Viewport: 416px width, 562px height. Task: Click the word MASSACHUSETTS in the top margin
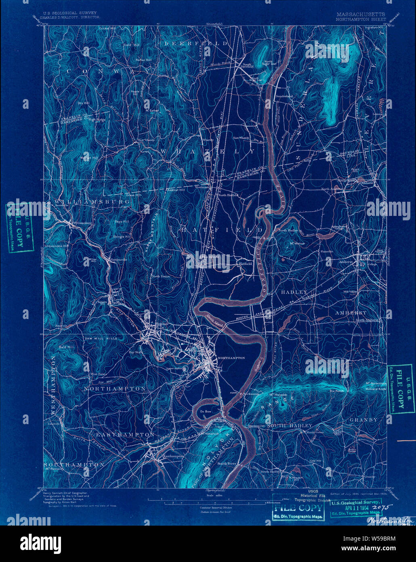tap(360, 14)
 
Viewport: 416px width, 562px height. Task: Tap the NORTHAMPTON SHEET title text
tap(361, 19)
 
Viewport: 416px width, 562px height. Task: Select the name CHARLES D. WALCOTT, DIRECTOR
tap(67, 18)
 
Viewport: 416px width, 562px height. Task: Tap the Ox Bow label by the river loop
tap(206, 411)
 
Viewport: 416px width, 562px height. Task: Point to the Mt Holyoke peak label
tap(278, 395)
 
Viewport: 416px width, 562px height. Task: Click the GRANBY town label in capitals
tap(363, 420)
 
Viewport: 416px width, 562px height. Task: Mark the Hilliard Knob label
tap(376, 389)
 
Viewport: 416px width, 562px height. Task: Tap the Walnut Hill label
tap(89, 158)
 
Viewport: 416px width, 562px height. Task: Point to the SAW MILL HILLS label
tap(100, 338)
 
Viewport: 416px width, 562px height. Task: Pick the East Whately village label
tap(241, 138)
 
